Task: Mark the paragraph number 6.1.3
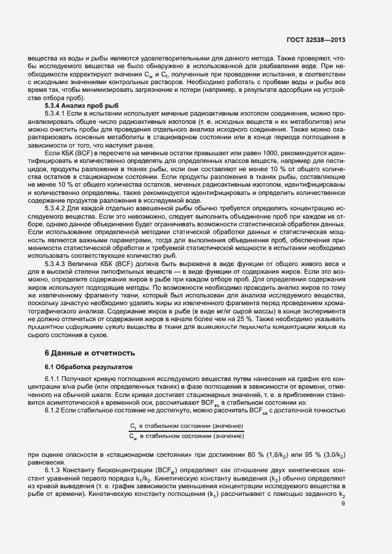(52, 469)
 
